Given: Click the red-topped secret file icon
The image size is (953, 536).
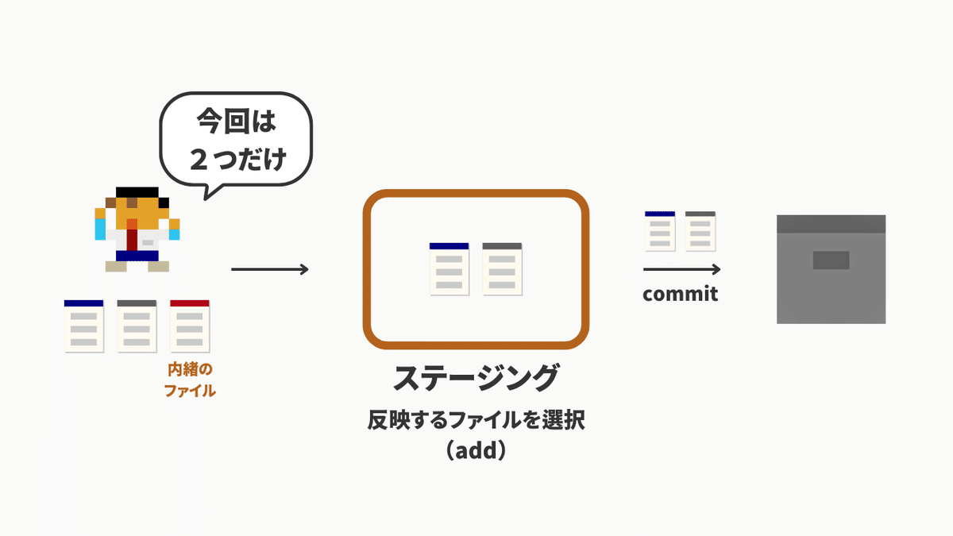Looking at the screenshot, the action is click(x=190, y=326).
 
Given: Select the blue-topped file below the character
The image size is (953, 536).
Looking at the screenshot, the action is click(x=84, y=326).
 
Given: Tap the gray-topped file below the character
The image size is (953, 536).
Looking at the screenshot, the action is click(x=137, y=326).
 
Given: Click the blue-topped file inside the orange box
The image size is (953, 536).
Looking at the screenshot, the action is click(x=449, y=269).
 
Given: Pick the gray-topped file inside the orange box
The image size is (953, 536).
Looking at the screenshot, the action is click(x=502, y=269).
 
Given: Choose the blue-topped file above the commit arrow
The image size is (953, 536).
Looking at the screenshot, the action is click(x=660, y=231).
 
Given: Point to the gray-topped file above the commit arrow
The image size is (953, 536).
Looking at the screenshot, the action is click(x=700, y=231).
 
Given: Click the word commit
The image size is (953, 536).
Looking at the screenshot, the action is click(x=681, y=294).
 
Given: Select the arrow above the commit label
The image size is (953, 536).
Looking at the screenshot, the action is click(x=681, y=269).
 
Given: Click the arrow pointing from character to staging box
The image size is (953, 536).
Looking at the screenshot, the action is click(x=270, y=269).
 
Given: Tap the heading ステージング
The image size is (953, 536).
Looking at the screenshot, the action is click(x=476, y=377).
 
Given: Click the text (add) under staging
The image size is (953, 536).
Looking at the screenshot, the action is click(x=476, y=450).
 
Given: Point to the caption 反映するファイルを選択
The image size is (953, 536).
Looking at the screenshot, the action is click(x=476, y=420).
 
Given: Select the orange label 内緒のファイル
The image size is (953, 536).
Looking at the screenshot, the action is click(x=190, y=380).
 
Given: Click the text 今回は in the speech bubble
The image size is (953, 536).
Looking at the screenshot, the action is click(x=237, y=121).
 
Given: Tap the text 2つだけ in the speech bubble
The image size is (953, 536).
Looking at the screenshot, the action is click(x=237, y=159).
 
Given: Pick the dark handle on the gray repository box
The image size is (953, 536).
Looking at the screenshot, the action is click(x=831, y=260).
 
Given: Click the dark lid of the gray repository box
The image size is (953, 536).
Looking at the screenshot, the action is click(x=831, y=224).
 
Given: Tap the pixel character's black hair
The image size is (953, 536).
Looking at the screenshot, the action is click(x=137, y=192).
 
